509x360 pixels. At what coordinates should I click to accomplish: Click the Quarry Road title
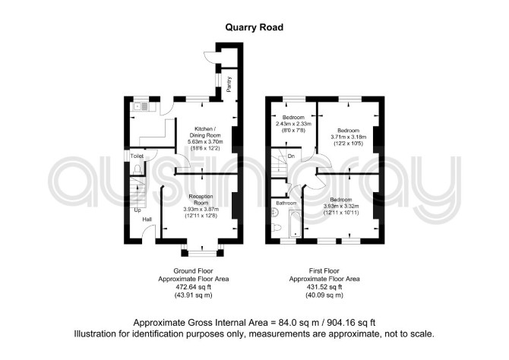254,27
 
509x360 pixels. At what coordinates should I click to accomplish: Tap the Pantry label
229,84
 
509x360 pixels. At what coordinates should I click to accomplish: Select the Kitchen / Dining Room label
204,132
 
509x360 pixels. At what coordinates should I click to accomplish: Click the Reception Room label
201,200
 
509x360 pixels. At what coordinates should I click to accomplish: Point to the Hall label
147,219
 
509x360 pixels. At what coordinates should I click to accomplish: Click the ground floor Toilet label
137,156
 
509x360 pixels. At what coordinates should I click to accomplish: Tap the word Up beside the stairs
138,210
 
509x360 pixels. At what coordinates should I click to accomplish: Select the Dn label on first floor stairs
291,156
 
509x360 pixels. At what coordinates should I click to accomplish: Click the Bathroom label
286,204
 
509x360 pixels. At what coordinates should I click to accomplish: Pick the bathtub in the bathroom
295,223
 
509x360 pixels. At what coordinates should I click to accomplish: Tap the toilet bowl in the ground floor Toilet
138,169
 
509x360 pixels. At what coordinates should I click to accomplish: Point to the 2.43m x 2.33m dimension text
293,124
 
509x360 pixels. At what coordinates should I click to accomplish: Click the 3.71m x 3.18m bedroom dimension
348,137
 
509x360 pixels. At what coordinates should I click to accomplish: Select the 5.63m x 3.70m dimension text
205,142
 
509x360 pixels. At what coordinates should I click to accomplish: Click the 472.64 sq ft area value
194,287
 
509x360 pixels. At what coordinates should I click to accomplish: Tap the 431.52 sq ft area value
324,287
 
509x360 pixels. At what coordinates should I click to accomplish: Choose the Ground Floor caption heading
193,270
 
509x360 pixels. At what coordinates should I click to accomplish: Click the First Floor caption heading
324,270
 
